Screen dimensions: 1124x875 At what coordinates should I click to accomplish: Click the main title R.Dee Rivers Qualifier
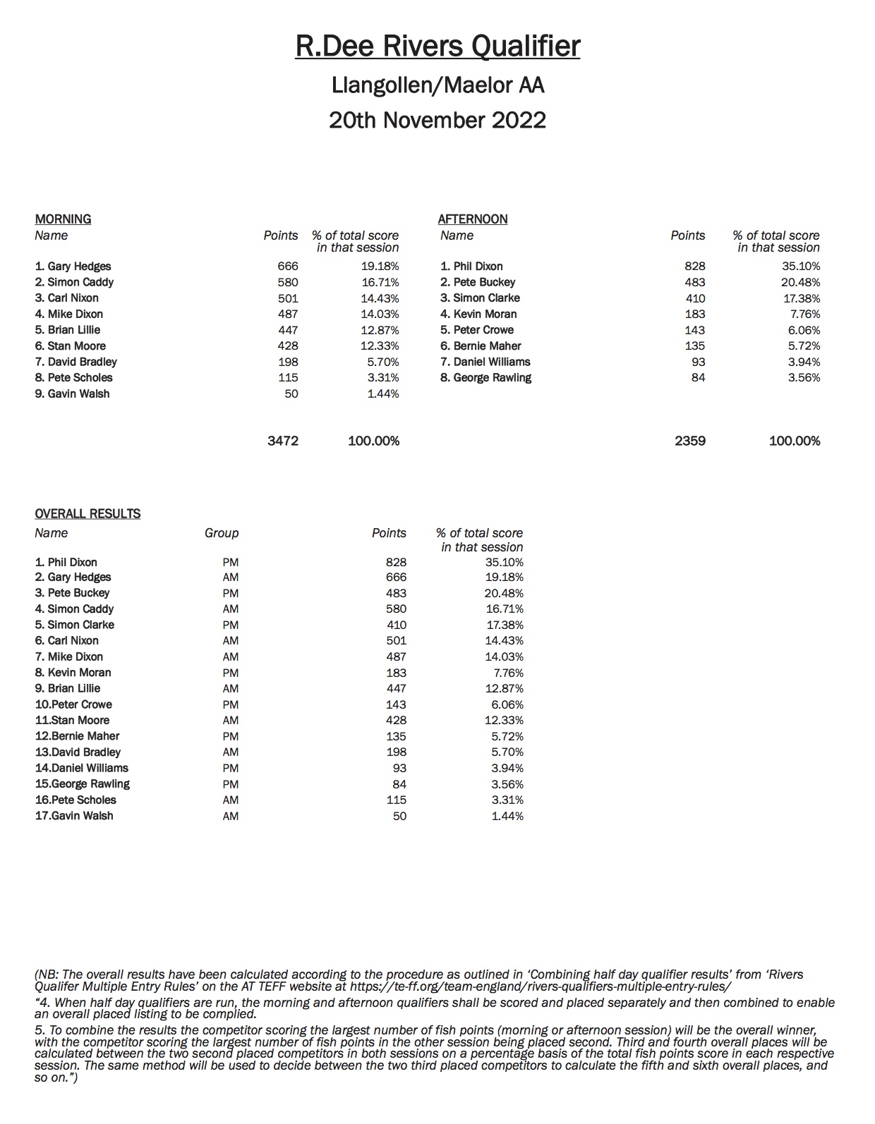tap(437, 47)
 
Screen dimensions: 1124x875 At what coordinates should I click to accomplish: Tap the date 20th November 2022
tap(437, 120)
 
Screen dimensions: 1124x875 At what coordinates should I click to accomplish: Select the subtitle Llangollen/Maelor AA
tap(437, 85)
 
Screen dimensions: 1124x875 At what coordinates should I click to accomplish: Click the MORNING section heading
tap(64, 219)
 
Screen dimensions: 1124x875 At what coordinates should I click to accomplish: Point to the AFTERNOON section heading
tap(473, 219)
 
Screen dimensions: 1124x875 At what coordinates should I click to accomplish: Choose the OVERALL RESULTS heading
tap(87, 514)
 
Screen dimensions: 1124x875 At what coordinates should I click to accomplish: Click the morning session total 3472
tap(283, 441)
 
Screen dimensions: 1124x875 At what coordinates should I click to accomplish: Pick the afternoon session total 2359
tap(689, 441)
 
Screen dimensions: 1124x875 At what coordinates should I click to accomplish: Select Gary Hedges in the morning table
tap(73, 267)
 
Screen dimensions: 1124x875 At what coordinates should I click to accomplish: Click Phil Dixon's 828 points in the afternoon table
tap(694, 267)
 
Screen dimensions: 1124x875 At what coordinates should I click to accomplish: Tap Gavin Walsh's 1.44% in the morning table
tap(383, 394)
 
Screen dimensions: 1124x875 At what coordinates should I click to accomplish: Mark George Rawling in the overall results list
tap(83, 784)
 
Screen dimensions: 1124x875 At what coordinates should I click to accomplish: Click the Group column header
tap(222, 533)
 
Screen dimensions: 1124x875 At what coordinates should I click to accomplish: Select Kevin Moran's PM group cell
tap(231, 673)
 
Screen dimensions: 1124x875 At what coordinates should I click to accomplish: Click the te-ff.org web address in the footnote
tap(541, 987)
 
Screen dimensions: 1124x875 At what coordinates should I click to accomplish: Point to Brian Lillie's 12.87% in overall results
tap(507, 688)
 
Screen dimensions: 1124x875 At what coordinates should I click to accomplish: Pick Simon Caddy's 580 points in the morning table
tap(287, 282)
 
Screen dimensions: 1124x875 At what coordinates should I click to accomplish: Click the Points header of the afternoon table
tap(688, 236)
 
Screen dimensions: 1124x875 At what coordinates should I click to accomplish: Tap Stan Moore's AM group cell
tap(231, 721)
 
